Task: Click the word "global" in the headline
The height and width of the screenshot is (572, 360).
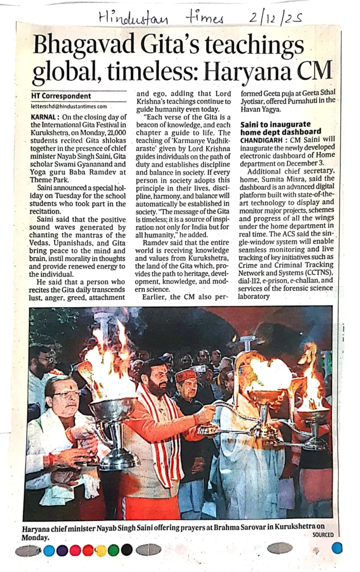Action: click(x=65, y=72)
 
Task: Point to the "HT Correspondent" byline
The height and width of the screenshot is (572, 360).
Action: click(x=61, y=96)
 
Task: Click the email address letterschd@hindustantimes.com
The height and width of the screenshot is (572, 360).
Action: click(x=68, y=106)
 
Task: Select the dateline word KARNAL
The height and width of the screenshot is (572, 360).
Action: click(x=45, y=117)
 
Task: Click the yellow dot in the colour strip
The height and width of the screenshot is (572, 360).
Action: click(x=101, y=550)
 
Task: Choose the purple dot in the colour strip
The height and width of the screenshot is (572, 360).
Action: click(x=62, y=550)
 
